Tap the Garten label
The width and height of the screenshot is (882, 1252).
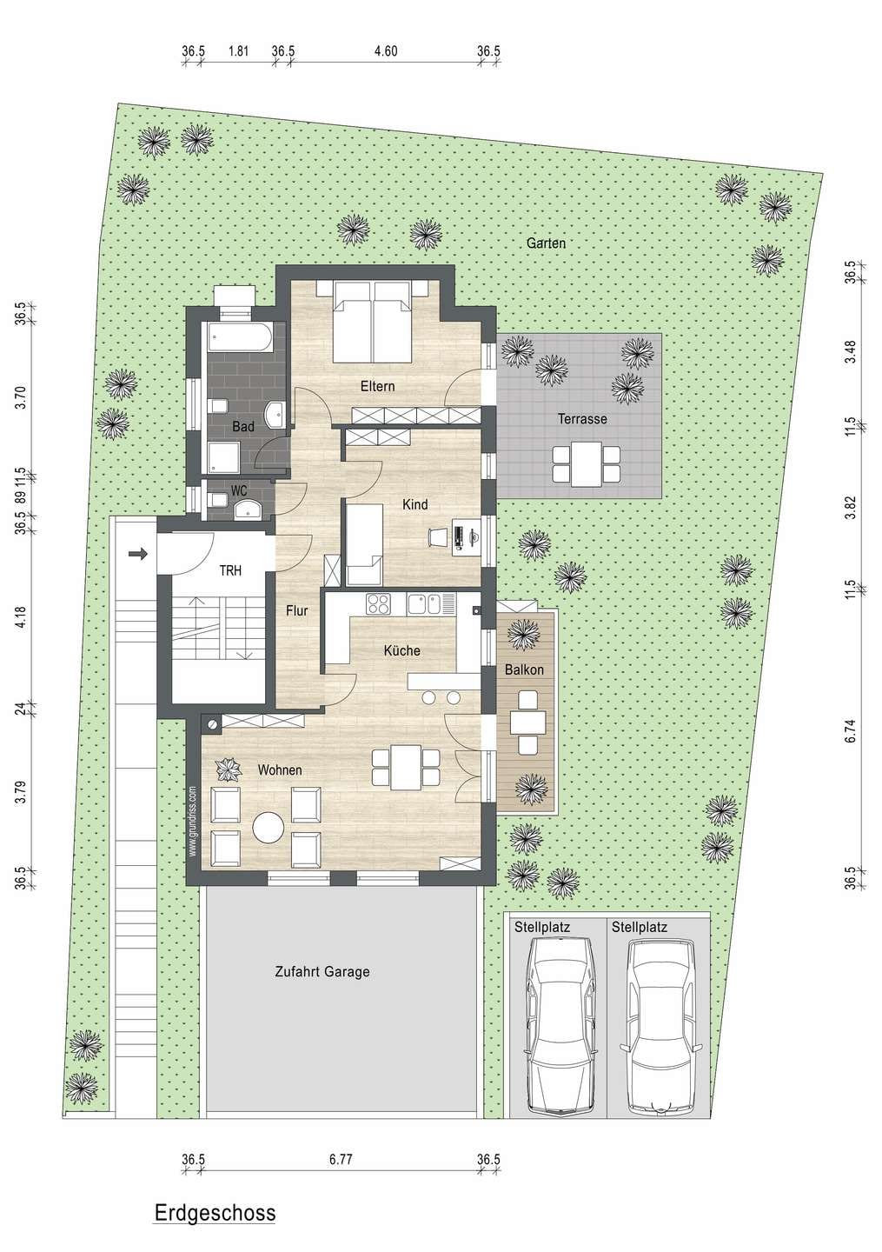546,243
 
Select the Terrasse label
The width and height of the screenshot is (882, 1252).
582,419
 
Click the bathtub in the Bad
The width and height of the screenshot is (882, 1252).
240,337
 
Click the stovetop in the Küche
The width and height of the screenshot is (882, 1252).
379,604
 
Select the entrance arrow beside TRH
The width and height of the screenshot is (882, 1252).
137,555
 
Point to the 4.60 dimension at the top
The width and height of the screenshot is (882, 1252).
386,51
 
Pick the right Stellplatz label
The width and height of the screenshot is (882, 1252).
639,928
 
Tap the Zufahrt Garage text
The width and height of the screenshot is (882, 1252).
322,971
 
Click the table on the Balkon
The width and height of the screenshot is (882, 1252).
527,723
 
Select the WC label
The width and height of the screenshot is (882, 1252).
239,491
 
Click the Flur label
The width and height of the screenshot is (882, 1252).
296,611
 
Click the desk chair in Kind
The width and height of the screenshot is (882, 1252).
438,537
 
